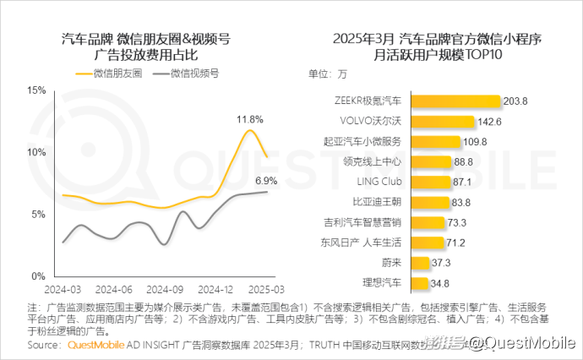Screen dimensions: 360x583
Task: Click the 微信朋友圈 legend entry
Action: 116,74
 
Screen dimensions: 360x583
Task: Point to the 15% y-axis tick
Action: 35,90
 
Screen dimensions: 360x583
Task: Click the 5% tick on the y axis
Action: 38,214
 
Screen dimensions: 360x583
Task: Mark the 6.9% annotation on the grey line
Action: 266,181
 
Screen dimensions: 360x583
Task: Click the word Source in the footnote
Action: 44,345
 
